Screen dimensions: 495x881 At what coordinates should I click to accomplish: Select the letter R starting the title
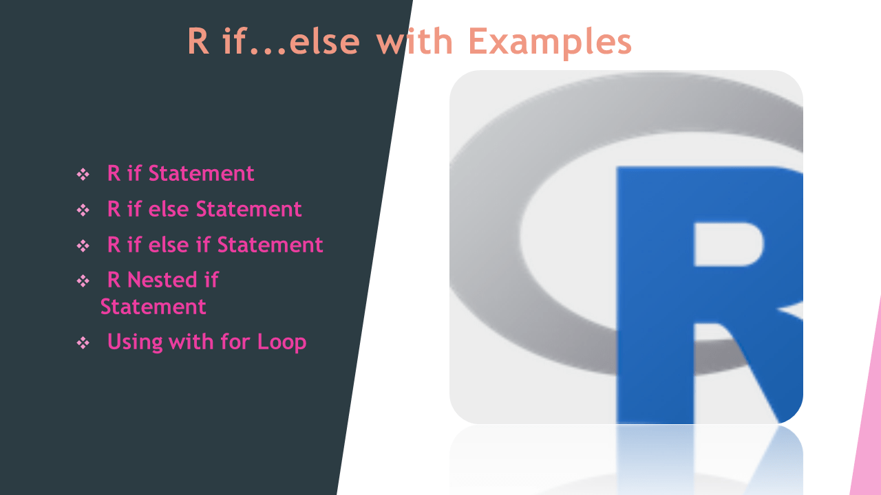(x=198, y=43)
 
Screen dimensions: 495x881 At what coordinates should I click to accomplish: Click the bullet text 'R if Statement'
(x=180, y=173)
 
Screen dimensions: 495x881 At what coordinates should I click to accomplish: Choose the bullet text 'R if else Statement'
(x=204, y=209)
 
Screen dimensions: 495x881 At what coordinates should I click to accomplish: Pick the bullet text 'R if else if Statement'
(x=215, y=245)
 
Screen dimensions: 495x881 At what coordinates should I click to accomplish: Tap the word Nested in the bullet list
(x=154, y=280)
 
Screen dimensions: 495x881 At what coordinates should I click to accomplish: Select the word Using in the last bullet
(x=134, y=342)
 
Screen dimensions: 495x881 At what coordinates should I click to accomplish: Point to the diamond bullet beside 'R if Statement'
(x=83, y=175)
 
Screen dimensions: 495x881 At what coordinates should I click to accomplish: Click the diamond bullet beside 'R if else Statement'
(x=83, y=210)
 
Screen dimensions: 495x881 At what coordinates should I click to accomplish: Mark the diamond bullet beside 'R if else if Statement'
(x=83, y=246)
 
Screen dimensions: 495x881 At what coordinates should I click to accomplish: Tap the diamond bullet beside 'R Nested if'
(x=83, y=281)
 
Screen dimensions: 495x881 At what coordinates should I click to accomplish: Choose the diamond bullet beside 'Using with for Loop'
(x=83, y=343)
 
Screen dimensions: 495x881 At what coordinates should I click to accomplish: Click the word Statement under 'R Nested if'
(x=153, y=307)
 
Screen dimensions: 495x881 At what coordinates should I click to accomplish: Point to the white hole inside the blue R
(x=728, y=243)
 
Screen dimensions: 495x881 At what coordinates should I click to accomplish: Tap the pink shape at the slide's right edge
(x=867, y=426)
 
